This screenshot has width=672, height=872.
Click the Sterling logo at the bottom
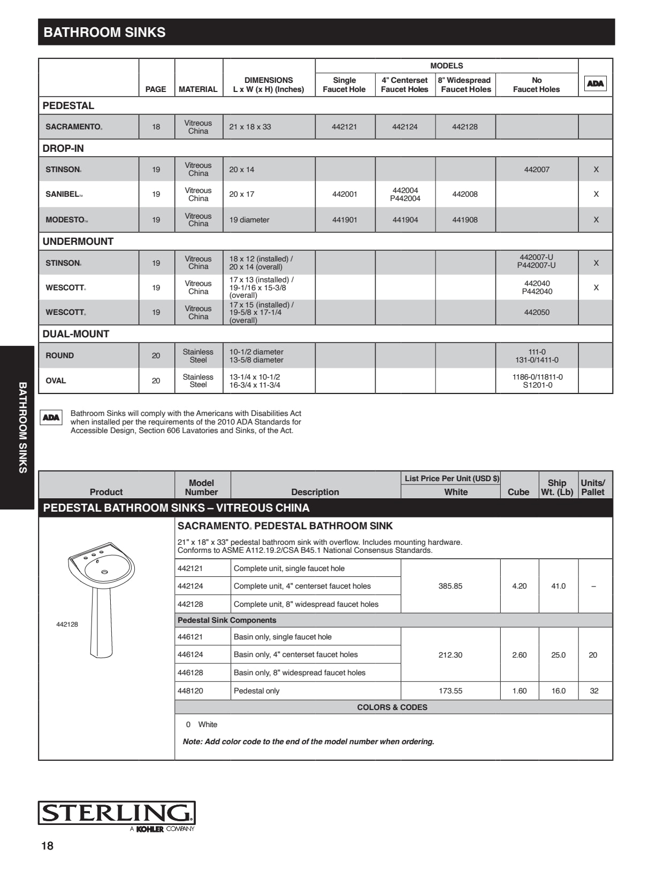117,813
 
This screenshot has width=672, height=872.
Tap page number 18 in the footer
48,845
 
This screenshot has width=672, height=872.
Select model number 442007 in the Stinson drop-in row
537,169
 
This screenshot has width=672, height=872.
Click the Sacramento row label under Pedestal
74,127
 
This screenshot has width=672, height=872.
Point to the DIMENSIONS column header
269,84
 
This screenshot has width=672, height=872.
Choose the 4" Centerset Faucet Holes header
404,84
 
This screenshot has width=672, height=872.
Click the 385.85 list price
450,586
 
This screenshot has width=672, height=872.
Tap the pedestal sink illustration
101,599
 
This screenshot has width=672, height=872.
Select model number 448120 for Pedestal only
190,691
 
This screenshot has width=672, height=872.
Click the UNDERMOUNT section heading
78,241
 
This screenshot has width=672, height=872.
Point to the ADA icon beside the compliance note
51,418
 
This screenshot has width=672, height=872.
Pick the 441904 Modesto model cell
405,220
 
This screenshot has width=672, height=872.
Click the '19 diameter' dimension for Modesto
249,220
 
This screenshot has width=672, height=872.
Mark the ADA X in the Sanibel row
596,194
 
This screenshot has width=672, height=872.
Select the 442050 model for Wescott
537,312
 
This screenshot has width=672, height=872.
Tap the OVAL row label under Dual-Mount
56,381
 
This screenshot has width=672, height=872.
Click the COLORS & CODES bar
392,707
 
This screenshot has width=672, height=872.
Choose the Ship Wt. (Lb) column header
557,487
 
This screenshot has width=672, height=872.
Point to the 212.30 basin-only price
450,655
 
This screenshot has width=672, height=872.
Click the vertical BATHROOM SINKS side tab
22,427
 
